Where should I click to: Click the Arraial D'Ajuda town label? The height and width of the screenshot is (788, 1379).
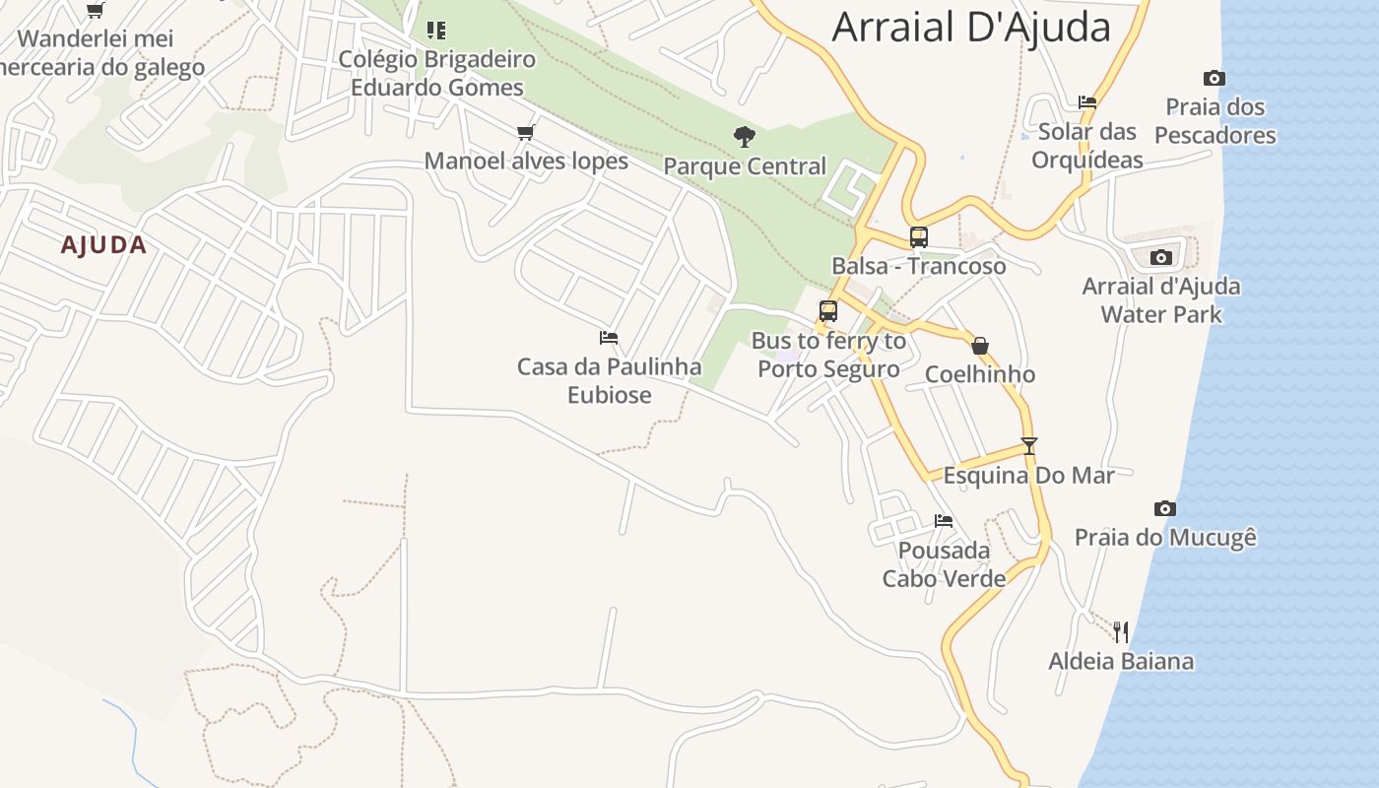click(x=971, y=27)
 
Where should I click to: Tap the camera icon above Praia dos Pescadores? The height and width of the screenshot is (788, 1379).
click(x=1215, y=78)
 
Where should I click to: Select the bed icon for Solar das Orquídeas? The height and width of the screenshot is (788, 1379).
click(x=1087, y=101)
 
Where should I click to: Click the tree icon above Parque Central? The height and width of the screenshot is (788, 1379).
click(x=745, y=136)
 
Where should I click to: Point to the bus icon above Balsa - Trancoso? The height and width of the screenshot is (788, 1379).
click(x=919, y=236)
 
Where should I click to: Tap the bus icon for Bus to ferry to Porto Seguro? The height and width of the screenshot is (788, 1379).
click(x=828, y=311)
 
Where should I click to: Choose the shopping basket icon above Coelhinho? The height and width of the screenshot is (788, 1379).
click(x=980, y=346)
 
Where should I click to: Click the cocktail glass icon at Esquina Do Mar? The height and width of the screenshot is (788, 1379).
click(x=1029, y=445)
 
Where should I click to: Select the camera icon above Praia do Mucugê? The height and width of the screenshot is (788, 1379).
click(x=1165, y=508)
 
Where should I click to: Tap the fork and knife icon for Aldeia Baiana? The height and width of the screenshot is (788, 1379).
click(x=1121, y=631)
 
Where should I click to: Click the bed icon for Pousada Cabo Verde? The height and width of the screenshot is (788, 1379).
click(x=944, y=520)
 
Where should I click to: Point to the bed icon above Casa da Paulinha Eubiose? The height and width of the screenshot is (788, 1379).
click(x=609, y=338)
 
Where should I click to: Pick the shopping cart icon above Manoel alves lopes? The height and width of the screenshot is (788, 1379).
click(x=526, y=132)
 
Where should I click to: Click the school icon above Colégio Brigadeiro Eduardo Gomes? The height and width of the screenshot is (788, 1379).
click(x=436, y=30)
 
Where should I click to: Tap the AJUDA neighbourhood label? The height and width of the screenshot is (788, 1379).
click(x=103, y=245)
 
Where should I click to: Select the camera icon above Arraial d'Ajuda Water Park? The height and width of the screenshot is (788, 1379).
click(x=1161, y=257)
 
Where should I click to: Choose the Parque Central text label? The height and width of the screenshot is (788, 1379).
click(x=745, y=165)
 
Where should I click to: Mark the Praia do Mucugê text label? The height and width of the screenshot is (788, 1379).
click(x=1165, y=538)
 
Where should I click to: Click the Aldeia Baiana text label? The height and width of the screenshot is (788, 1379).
click(x=1121, y=661)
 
